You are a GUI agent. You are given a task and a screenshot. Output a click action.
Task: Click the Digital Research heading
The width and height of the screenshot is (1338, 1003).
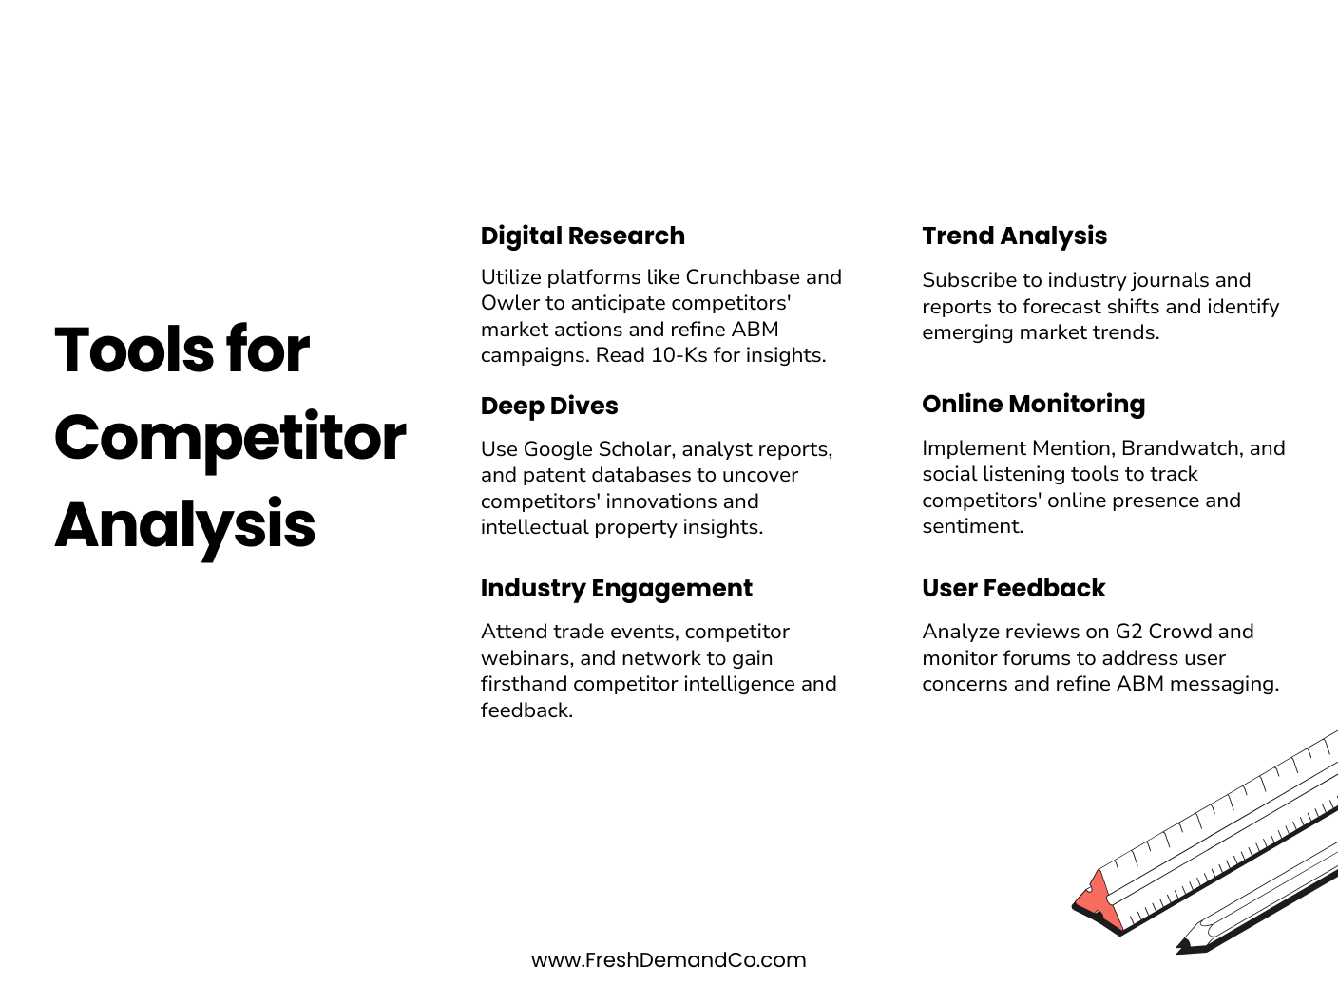tap(583, 236)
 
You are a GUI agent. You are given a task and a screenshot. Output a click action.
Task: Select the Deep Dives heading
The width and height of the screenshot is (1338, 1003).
tap(549, 406)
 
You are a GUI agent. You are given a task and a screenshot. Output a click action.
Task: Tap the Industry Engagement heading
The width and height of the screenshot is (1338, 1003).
tap(616, 588)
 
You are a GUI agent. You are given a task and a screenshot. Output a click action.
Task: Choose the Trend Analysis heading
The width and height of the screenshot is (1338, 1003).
tap(1014, 236)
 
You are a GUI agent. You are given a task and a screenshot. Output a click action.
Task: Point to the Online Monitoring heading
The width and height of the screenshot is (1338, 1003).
tap(1033, 404)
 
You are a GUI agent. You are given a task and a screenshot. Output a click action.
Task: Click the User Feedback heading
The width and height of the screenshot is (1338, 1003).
tap(1013, 588)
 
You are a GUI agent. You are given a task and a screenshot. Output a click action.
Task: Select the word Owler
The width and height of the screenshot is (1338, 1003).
tap(509, 303)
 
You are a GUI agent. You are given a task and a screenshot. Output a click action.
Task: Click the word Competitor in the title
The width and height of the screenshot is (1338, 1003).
tap(230, 438)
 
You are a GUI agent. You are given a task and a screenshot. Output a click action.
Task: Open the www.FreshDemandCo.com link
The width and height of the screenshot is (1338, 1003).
tap(668, 960)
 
